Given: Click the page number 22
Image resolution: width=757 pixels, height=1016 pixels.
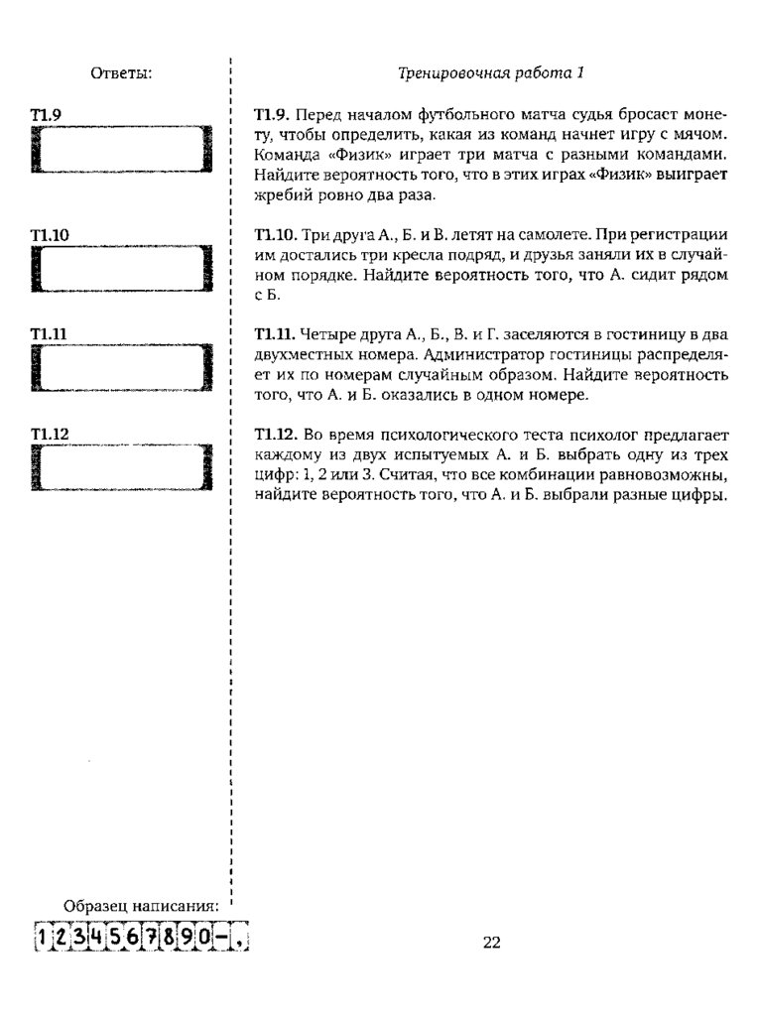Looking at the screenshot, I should [x=492, y=943].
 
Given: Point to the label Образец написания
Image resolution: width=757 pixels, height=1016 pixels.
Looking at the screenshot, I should [x=140, y=906].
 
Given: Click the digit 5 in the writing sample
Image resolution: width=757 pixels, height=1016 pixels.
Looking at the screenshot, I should [x=114, y=938].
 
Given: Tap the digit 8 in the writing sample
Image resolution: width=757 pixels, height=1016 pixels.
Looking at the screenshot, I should [x=169, y=938].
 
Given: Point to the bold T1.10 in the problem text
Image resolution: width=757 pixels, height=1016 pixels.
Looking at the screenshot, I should [x=276, y=235].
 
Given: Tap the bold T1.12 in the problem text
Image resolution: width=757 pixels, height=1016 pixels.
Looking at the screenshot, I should [x=276, y=436].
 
